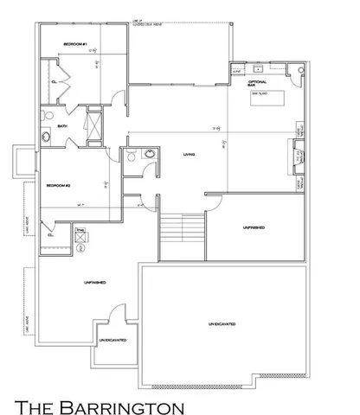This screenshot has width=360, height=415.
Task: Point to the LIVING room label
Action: [x=189, y=156]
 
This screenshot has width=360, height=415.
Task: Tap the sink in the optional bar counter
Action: [x=259, y=67]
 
